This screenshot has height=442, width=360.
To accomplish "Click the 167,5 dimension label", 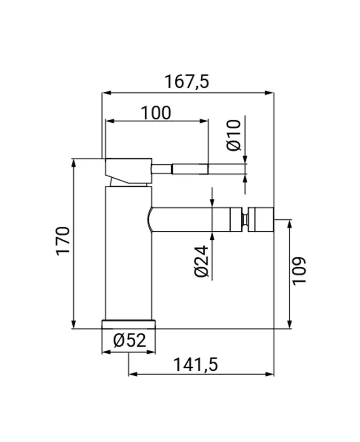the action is pos(187,82).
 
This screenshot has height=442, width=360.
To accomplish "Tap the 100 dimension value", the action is pos(156,113).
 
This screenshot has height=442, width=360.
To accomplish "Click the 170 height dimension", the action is pos(63,241).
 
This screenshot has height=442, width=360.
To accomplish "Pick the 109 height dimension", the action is pos(299,271).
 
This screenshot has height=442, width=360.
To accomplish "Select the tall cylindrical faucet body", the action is pos(129,253).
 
